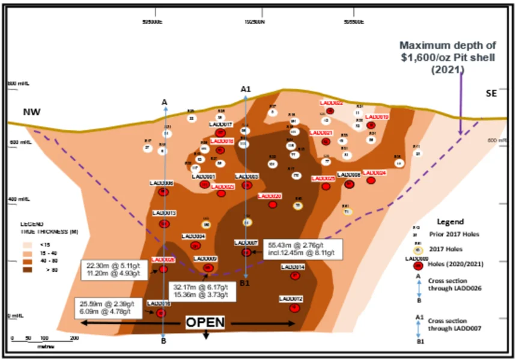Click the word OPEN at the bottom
pos(205,323)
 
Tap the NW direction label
pos(31,112)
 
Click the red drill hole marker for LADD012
pos(294,307)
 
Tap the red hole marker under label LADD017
pos(220,133)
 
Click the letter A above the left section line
pos(164,103)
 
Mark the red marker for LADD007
pos(246,252)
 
